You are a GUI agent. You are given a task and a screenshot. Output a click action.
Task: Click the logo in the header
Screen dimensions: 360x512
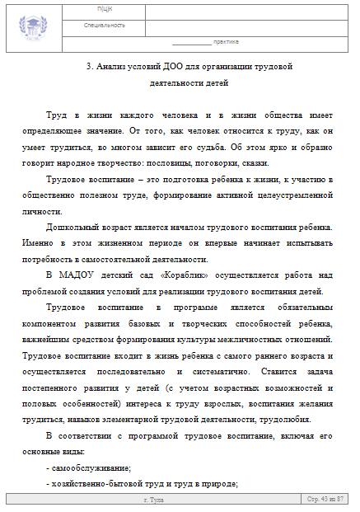click(35, 25)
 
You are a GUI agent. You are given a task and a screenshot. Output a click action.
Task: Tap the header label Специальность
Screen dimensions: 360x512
click(105, 26)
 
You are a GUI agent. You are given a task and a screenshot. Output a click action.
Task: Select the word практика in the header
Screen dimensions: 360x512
click(226, 40)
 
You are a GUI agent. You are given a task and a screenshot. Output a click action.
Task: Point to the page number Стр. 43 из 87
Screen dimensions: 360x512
click(325, 500)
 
